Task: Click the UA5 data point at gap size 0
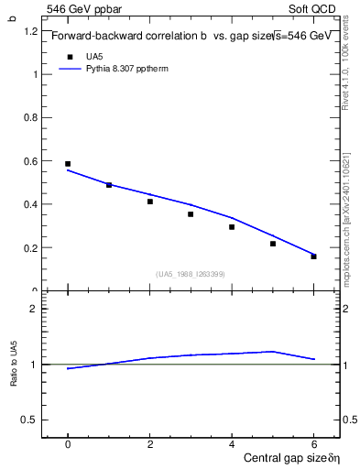click(x=68, y=164)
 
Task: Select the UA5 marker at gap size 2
click(x=150, y=202)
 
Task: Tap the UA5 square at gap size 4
click(x=232, y=227)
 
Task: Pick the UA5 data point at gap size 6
click(x=313, y=256)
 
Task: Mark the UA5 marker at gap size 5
click(x=273, y=244)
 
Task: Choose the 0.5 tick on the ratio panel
click(x=30, y=420)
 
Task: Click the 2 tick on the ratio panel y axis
click(x=35, y=309)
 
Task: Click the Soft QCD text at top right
click(x=317, y=8)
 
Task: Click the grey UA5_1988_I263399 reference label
click(x=191, y=274)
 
